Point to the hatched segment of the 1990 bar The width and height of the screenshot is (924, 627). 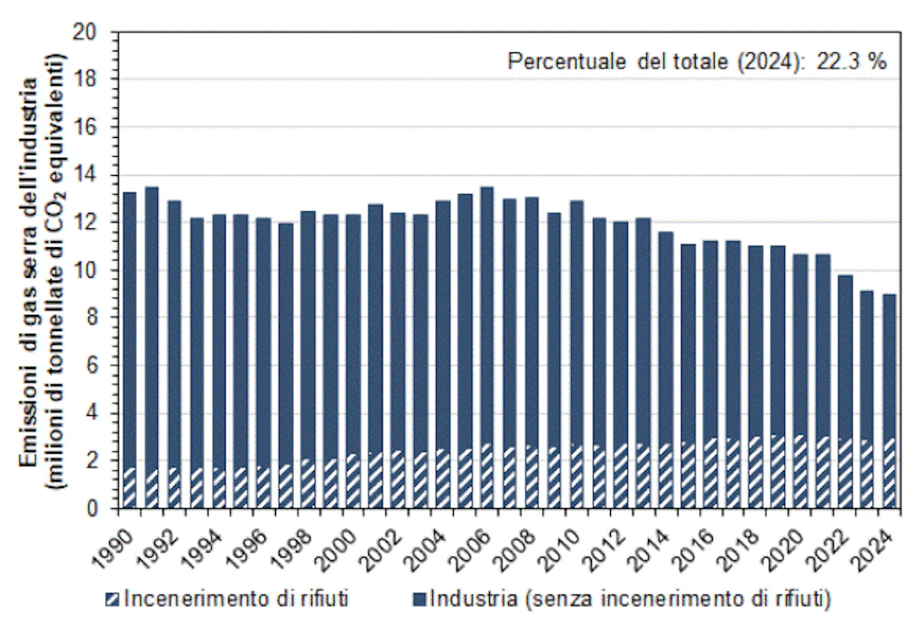[130, 487]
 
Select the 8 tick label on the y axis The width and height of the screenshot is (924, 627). [101, 318]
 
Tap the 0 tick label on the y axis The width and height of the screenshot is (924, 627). [101, 508]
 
